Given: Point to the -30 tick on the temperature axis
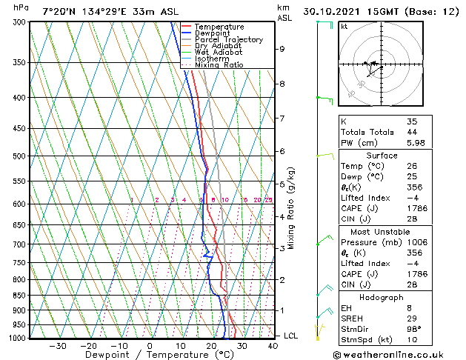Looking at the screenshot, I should pyautogui.click(x=57, y=345).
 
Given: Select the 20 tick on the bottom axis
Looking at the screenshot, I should pyautogui.click(x=211, y=345).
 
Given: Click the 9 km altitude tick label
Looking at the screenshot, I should pyautogui.click(x=282, y=49).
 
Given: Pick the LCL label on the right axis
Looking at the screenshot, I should pyautogui.click(x=292, y=336).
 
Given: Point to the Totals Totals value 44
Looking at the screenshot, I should pyautogui.click(x=412, y=132).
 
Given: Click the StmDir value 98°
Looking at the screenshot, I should pyautogui.click(x=414, y=329).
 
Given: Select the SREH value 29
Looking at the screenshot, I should pyautogui.click(x=412, y=318).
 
